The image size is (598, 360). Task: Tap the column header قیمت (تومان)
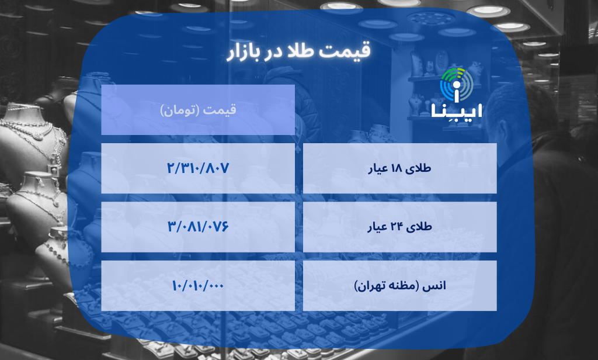(198, 109)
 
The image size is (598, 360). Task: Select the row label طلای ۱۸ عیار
(400, 168)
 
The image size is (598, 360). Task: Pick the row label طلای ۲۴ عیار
(400, 227)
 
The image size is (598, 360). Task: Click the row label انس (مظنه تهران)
(400, 286)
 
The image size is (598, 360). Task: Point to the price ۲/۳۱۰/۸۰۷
(198, 168)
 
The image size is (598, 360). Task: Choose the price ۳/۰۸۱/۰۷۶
(198, 226)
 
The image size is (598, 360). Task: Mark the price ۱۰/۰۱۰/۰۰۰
(198, 285)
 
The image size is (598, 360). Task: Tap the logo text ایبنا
(456, 111)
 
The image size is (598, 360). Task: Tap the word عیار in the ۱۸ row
(378, 169)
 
